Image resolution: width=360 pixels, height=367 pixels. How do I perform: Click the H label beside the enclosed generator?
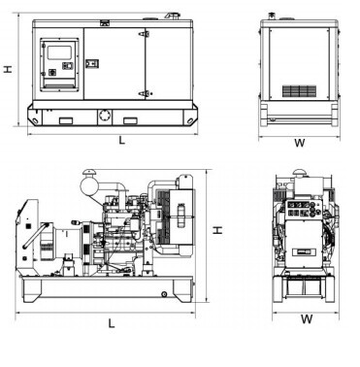pos(8,69)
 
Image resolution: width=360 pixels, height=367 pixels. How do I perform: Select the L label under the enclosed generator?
pos(122,141)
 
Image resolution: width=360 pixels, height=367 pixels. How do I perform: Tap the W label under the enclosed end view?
pos(300,143)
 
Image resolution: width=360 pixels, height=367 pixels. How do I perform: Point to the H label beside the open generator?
pos(218,230)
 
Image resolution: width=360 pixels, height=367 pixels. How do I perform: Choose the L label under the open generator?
pos(112,323)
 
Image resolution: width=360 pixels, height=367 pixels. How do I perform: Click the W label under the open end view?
pos(307,319)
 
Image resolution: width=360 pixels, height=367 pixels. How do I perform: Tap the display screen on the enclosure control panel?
pos(59,52)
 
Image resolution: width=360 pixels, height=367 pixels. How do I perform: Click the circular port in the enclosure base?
pos(105,116)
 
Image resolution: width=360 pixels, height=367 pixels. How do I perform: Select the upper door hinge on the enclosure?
pos(145,34)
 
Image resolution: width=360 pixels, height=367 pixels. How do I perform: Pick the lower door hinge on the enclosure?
pos(145,94)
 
